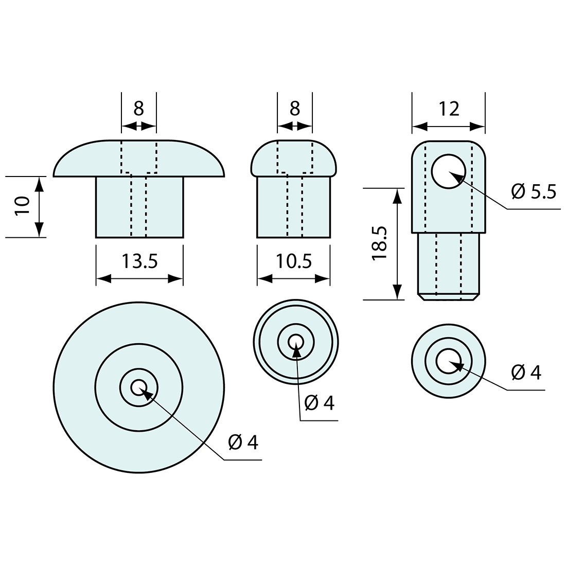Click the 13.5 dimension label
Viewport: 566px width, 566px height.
[x=139, y=261]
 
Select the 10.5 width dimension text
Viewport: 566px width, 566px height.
[x=294, y=261]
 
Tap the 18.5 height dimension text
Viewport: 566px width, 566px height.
[x=380, y=243]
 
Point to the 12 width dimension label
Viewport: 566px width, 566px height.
[x=449, y=109]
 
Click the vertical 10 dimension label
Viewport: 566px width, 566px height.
[x=22, y=206]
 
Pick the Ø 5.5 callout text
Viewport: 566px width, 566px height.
[x=534, y=192]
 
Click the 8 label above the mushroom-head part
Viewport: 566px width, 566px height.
[x=139, y=108]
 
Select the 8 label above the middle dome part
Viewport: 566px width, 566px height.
[x=295, y=108]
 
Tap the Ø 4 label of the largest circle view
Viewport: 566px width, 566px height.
[x=243, y=442]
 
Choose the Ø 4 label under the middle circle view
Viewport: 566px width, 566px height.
[x=320, y=403]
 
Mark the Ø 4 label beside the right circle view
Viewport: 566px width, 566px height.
[x=526, y=372]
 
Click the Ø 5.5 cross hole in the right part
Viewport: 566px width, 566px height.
[x=449, y=171]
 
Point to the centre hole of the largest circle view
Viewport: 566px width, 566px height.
[x=139, y=387]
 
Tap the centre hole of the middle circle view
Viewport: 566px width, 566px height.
[x=296, y=342]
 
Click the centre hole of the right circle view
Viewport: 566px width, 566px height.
[x=449, y=361]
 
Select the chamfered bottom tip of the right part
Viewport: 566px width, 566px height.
[x=449, y=297]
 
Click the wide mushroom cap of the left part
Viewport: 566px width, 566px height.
[x=139, y=158]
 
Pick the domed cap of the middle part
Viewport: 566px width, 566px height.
[x=294, y=158]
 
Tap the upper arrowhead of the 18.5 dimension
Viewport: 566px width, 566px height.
[x=397, y=196]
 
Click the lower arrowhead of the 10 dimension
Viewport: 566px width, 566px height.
[x=40, y=230]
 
